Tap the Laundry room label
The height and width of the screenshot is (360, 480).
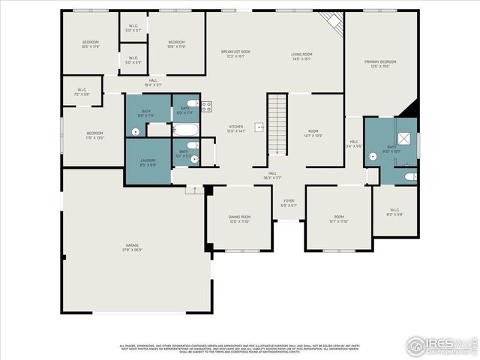click(x=148, y=163)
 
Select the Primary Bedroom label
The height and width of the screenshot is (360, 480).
click(x=380, y=64)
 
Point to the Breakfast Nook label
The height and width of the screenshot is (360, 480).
click(x=235, y=54)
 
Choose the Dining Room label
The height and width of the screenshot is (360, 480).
click(x=238, y=219)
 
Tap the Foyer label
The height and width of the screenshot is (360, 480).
click(x=289, y=203)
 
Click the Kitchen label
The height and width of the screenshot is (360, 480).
click(x=235, y=129)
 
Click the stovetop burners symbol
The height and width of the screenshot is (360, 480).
click(x=205, y=106)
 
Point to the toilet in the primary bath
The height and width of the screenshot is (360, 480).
click(x=408, y=177)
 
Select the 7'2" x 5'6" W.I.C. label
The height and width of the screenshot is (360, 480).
click(x=82, y=92)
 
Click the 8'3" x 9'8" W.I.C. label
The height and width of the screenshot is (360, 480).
click(x=395, y=212)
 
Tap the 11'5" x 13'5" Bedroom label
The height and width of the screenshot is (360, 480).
click(x=94, y=136)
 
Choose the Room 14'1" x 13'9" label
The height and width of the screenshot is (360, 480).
click(x=313, y=134)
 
